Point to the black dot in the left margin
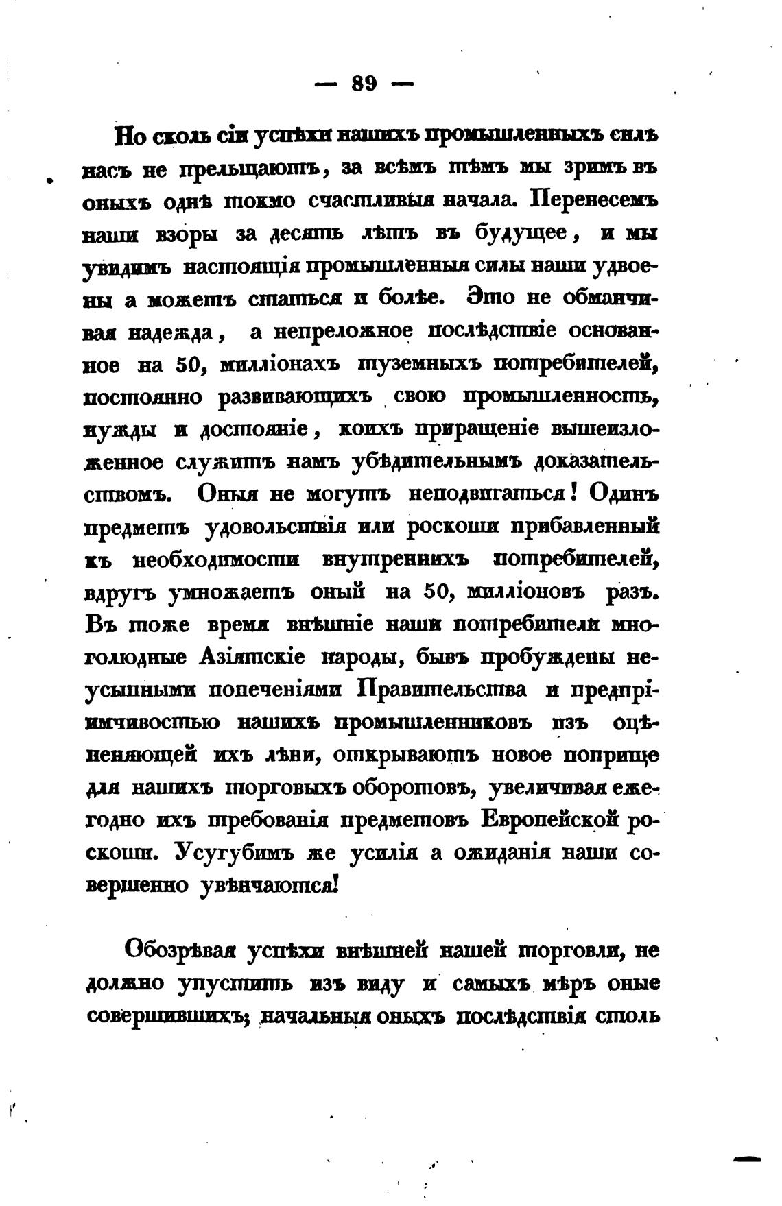click(49, 181)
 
